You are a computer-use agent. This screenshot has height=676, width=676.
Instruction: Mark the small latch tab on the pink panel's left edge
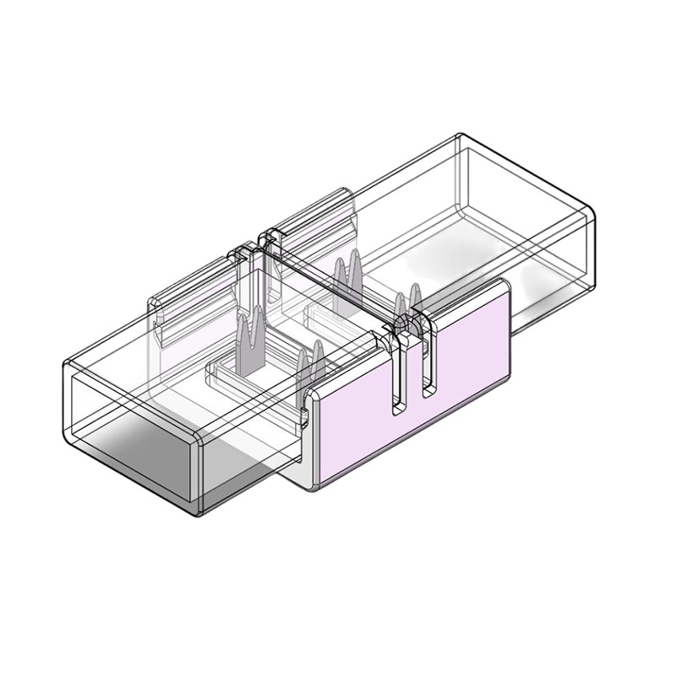[x=302, y=416]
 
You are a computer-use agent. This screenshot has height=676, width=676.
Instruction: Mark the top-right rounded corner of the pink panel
[x=505, y=286]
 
